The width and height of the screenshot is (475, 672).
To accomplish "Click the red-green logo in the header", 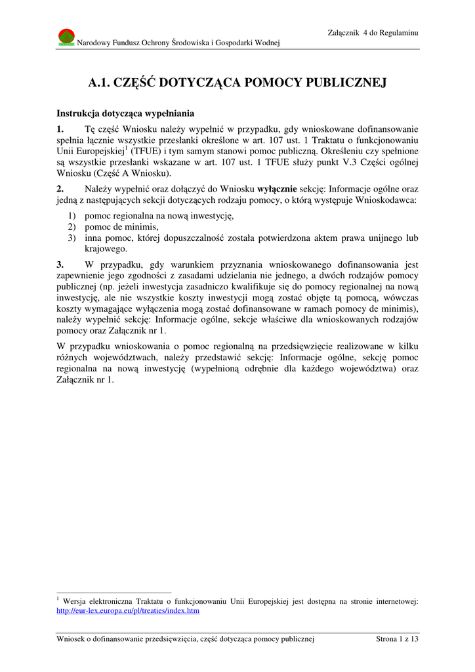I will coord(66,37).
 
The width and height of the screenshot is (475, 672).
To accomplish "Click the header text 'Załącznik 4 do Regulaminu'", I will coord(373,33).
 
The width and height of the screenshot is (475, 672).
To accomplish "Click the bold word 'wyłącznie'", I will coord(278,188).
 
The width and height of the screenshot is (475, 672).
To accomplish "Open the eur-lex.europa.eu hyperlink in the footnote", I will coord(128,610).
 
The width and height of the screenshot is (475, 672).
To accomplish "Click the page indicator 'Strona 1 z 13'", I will coord(396,639).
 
